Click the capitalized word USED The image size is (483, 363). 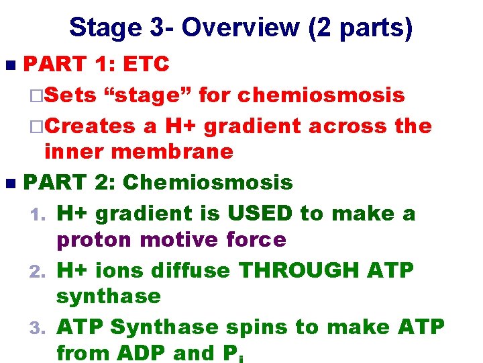coord(260,213)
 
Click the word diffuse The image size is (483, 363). coord(190,270)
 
